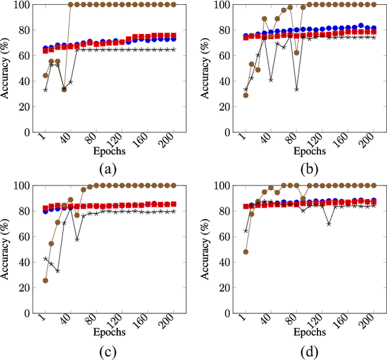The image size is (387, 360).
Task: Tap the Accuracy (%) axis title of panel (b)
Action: [x=207, y=68]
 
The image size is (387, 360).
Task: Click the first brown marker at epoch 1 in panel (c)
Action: [x=45, y=281]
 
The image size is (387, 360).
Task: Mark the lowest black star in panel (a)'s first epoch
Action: [x=45, y=90]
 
